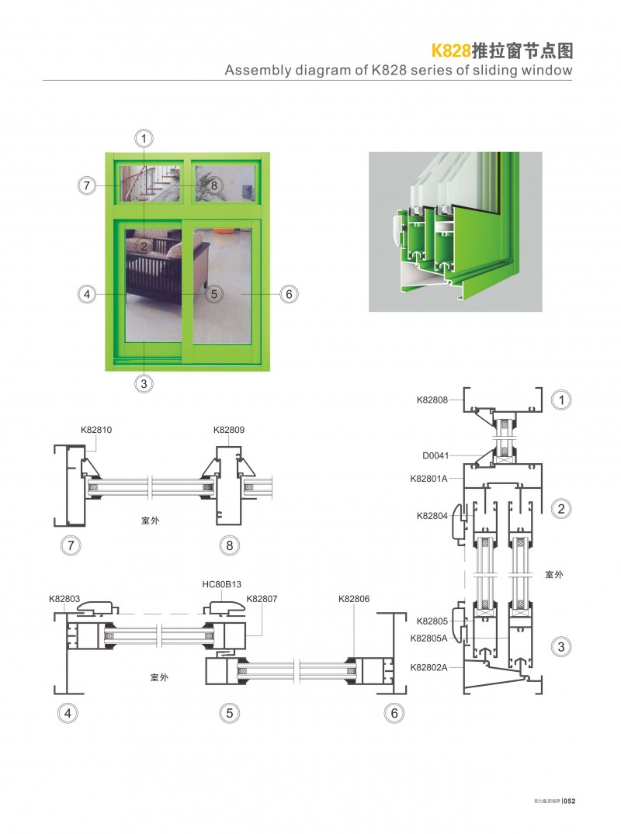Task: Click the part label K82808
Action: pyautogui.click(x=432, y=400)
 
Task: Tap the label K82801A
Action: pyautogui.click(x=429, y=479)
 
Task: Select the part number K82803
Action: pyautogui.click(x=64, y=599)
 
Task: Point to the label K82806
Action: pyautogui.click(x=354, y=599)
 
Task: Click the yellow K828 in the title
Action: pyautogui.click(x=451, y=51)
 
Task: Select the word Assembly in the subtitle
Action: pyautogui.click(x=254, y=71)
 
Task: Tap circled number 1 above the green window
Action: pyautogui.click(x=144, y=139)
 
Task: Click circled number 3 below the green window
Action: pyautogui.click(x=144, y=382)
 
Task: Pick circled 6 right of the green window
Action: pyautogui.click(x=288, y=294)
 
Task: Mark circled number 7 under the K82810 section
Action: pyautogui.click(x=71, y=545)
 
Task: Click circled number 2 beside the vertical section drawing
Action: pyautogui.click(x=560, y=509)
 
